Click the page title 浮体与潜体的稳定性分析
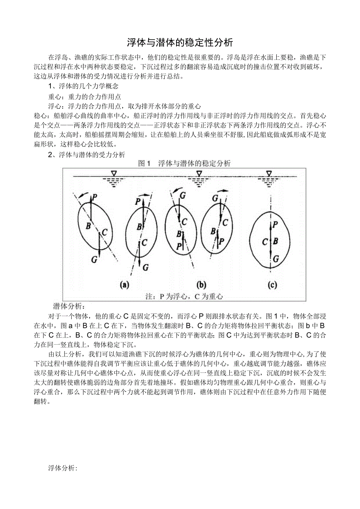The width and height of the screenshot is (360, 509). click(180, 42)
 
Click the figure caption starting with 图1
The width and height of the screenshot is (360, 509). click(185, 164)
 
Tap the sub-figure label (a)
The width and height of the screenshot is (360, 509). click(124, 285)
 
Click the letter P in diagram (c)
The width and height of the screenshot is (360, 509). click(275, 224)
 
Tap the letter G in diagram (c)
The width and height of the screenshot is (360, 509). click(276, 259)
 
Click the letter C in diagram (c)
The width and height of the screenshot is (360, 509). click(265, 242)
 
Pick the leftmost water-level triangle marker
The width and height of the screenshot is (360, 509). click(114, 173)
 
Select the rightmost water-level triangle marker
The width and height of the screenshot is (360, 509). click(268, 173)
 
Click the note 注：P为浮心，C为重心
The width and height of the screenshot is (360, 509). click(184, 297)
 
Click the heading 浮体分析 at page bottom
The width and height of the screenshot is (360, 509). click(63, 468)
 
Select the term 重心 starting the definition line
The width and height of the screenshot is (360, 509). click(54, 96)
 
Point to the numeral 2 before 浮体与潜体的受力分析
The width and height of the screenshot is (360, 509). click(50, 155)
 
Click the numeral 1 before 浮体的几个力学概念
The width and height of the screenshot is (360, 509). click(50, 86)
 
